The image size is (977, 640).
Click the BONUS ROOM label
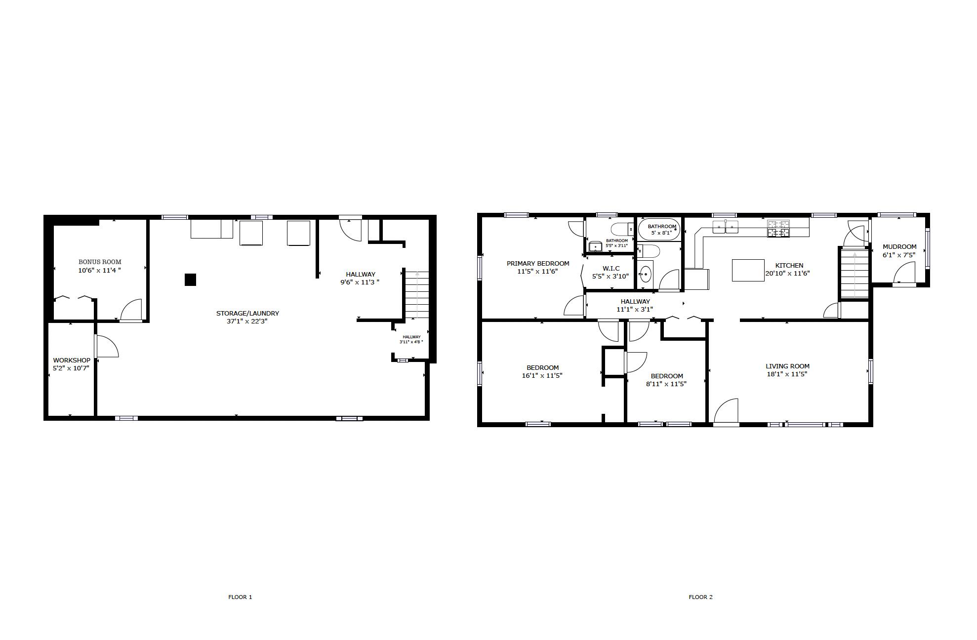click(100, 262)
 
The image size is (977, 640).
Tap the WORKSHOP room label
click(72, 360)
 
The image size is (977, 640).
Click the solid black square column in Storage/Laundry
click(190, 280)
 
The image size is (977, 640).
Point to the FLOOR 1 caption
click(240, 597)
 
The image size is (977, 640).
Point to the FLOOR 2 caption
click(700, 597)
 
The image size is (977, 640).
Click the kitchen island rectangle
click(748, 270)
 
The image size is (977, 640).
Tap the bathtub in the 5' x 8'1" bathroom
click(659, 230)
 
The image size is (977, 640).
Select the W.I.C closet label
click(611, 269)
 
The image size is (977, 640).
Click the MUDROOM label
click(899, 247)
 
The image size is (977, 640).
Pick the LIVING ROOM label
click(787, 366)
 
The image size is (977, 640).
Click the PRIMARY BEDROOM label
click(537, 264)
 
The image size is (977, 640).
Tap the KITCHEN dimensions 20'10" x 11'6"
click(787, 274)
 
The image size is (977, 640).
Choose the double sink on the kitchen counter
click(725, 227)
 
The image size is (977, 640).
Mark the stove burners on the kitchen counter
click(778, 229)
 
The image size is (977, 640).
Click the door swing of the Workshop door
click(106, 346)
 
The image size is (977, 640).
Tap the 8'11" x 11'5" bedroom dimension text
click(666, 384)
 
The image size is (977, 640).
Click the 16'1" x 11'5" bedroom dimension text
click(542, 376)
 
